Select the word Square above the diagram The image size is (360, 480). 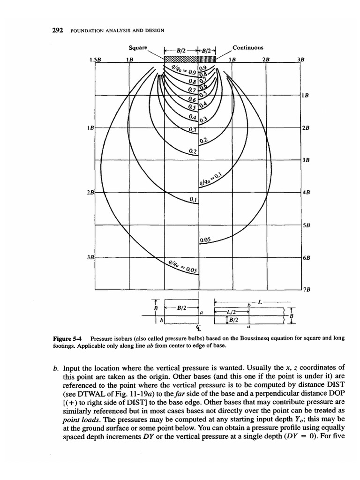pyautogui.click(x=138, y=48)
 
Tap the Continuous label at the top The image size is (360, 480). pyautogui.click(x=247, y=48)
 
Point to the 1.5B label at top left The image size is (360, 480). pyautogui.click(x=95, y=60)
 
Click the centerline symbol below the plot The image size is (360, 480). pyautogui.click(x=198, y=327)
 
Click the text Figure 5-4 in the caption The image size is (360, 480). pyautogui.click(x=72, y=338)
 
